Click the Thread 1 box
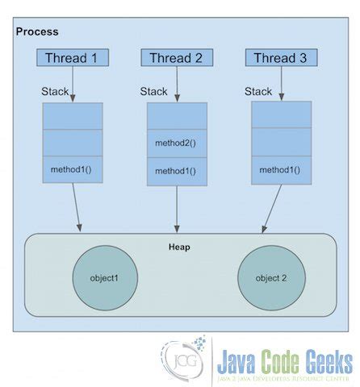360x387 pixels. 73,58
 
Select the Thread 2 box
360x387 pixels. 177,58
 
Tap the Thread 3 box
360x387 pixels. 281,58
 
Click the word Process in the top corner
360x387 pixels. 37,31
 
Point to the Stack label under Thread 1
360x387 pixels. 55,91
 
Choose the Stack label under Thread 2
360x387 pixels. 153,91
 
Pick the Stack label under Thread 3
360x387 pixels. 258,91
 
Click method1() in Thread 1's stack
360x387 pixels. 73,170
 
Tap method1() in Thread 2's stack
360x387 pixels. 176,171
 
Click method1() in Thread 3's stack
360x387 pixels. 280,170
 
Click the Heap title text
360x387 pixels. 180,247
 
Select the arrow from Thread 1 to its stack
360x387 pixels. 73,84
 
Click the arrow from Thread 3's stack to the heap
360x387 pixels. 271,208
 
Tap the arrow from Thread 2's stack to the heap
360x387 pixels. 176,208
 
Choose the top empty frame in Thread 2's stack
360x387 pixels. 176,117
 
